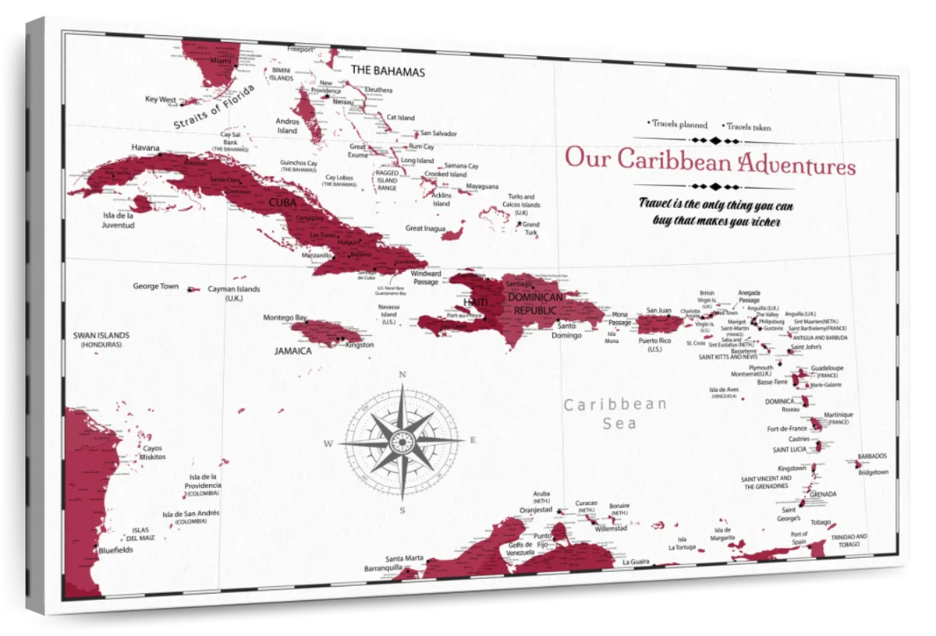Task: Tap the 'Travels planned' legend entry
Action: [679, 124]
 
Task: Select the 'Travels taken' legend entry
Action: [749, 126]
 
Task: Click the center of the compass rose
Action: [402, 442]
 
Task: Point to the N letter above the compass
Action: [402, 375]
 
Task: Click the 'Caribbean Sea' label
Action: [616, 414]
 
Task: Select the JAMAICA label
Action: [292, 351]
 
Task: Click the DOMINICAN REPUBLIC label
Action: [534, 304]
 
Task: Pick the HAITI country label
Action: [475, 302]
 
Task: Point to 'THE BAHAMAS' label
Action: [388, 71]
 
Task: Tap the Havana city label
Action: [145, 147]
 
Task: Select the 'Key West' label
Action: [161, 100]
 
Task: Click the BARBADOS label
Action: [871, 456]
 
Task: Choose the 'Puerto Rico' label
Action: [654, 341]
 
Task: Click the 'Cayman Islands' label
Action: [233, 289]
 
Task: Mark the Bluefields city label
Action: [116, 549]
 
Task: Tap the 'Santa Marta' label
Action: [404, 558]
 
